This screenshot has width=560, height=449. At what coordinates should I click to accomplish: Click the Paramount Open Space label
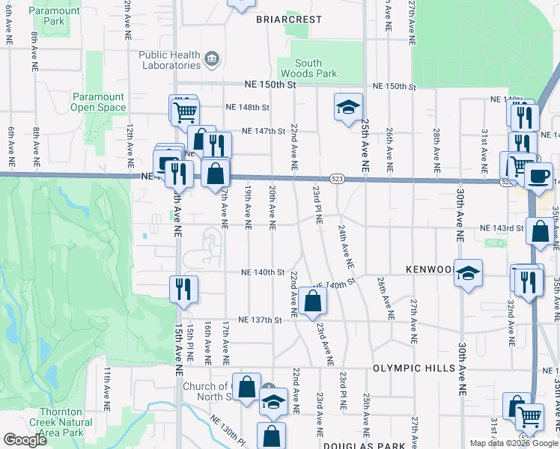pos(98,102)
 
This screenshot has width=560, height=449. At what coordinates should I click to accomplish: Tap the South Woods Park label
pos(308,69)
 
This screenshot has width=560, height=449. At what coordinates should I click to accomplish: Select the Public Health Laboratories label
pos(170,60)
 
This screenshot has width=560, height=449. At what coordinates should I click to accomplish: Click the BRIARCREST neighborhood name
pos(284,19)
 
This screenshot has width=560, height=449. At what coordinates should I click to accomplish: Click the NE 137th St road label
pos(260,320)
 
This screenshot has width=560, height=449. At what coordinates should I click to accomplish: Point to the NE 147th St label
pos(264,131)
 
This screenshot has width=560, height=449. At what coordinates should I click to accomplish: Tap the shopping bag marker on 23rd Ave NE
pos(311,301)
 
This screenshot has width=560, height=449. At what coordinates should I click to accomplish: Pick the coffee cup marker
pos(540,175)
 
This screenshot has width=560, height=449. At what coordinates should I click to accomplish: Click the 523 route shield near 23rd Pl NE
pos(338,178)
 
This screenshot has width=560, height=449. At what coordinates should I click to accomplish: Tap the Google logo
pos(25,439)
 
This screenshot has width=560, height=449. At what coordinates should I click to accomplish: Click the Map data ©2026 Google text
pos(514,443)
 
